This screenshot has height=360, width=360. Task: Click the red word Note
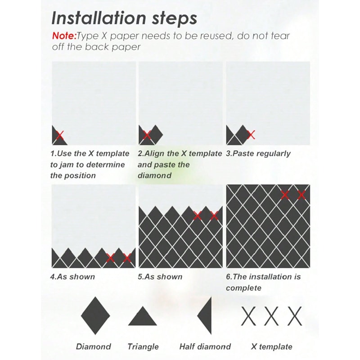[x=64, y=36]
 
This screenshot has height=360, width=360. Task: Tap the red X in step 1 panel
[x=59, y=135]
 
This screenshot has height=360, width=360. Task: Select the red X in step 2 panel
[x=146, y=135]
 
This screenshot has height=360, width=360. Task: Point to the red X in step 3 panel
[x=251, y=134]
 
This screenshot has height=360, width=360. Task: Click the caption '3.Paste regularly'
[x=258, y=153]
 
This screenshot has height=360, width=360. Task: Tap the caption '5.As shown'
[x=160, y=276]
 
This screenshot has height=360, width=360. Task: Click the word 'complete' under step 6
[x=243, y=288]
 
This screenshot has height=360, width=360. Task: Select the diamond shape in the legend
[x=95, y=315]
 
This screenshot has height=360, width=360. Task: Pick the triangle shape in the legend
[x=142, y=317]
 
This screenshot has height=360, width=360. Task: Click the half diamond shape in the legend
[x=206, y=315]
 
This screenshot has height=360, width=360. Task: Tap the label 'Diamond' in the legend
[x=93, y=346]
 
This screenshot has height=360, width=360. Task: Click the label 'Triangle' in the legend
[x=143, y=346]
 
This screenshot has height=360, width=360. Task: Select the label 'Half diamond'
[x=205, y=346]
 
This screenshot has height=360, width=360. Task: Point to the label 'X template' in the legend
[x=271, y=346]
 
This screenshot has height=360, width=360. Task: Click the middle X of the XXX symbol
[x=271, y=316]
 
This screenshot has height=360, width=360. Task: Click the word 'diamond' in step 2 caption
[x=154, y=175]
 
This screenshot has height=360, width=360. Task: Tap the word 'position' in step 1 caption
[x=81, y=175]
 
